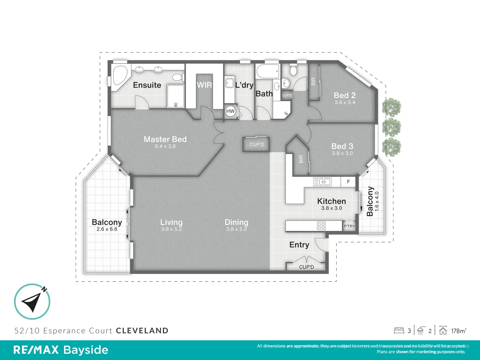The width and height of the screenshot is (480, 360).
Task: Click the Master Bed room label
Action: [165, 139]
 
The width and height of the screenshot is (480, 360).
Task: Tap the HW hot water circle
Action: [230, 111]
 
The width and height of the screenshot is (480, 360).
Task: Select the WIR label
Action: [204, 85]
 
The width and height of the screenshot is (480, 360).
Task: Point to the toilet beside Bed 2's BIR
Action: [293, 70]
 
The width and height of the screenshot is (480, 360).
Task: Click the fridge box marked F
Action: [348, 182]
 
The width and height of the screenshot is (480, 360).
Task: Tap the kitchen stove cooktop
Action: [321, 226]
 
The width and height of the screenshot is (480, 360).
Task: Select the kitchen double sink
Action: [322, 182]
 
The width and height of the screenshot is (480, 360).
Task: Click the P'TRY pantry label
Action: [349, 226]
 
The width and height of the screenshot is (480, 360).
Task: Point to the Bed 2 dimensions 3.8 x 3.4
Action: [345, 103]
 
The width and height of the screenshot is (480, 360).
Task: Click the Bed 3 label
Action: [342, 146]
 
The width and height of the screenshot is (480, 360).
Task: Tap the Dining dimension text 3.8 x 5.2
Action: [236, 229]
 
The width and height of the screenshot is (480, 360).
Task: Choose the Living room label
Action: [171, 222]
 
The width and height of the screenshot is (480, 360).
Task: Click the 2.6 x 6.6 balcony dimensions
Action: [107, 229]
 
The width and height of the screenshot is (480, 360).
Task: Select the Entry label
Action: [299, 245]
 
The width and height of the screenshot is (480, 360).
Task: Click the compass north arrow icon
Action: [32, 302]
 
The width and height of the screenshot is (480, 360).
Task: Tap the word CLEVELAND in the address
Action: [142, 331]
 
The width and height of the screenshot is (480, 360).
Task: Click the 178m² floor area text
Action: [459, 331]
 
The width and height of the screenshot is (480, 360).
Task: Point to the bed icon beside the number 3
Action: [399, 331]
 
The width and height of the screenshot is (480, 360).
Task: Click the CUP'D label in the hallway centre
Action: [256, 145]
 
